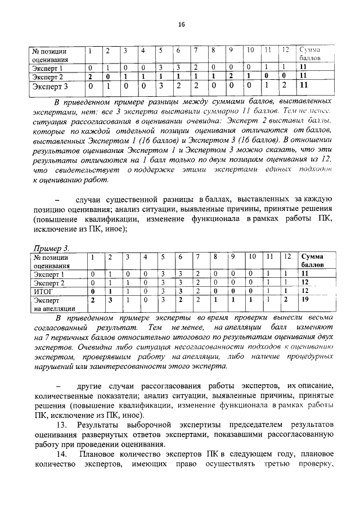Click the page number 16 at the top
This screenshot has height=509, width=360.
pos(181,24)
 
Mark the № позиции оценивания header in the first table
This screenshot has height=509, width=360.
pos(50,54)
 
